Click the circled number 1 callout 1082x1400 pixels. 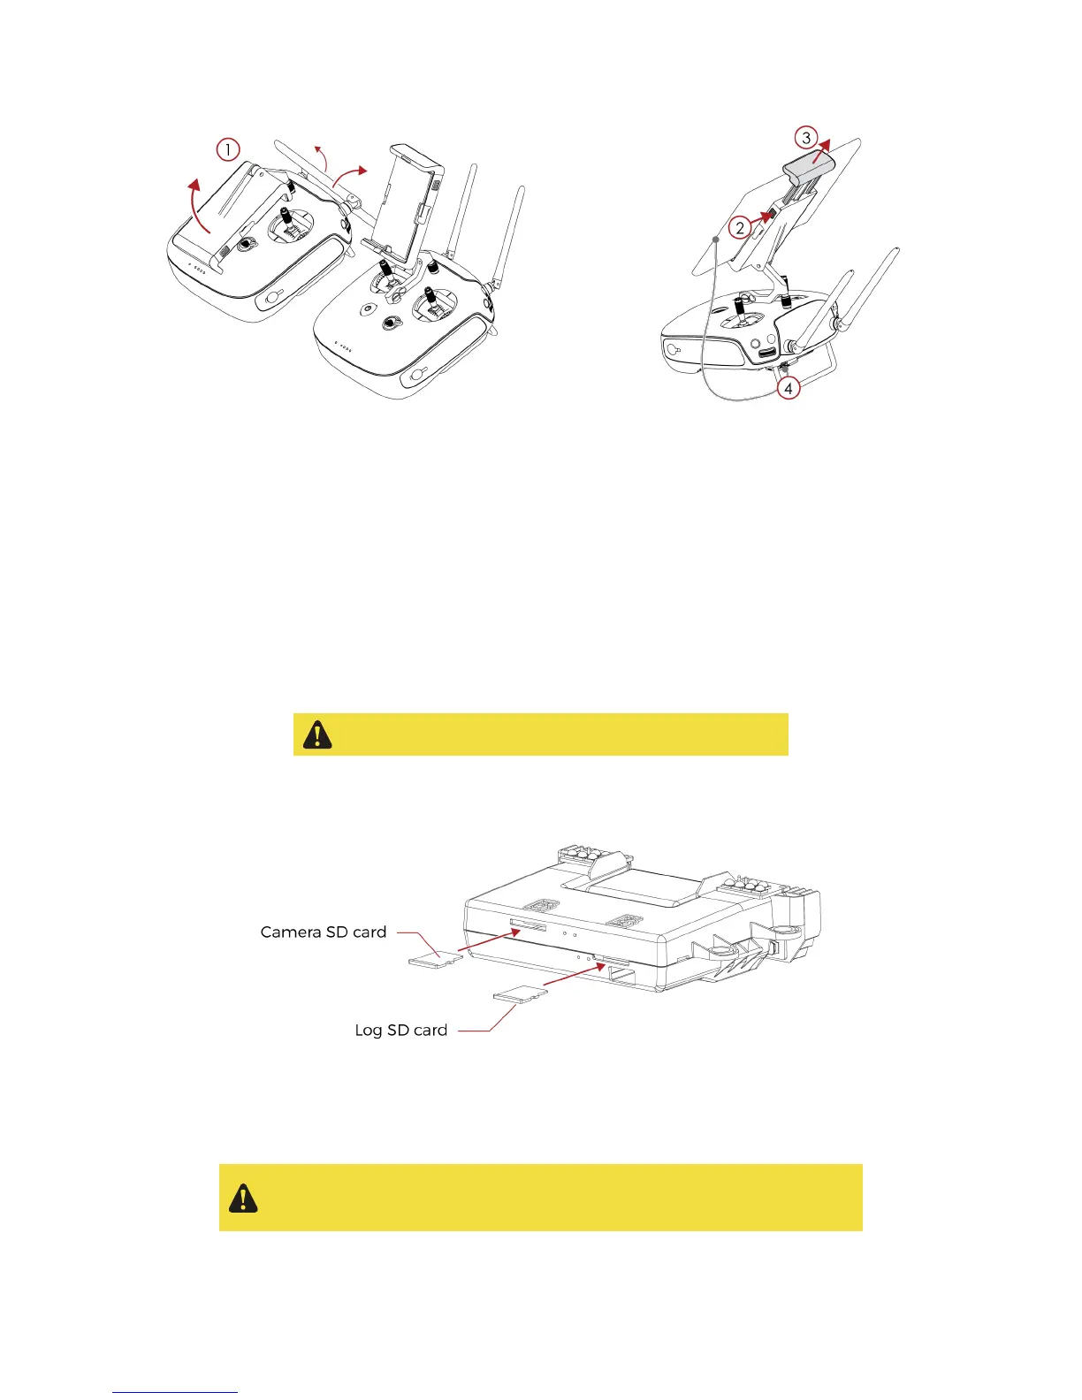tap(228, 149)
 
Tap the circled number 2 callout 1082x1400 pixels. tap(741, 227)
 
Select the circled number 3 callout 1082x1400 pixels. tap(805, 138)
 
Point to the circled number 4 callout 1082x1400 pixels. tap(788, 387)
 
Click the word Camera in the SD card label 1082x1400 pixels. tap(291, 932)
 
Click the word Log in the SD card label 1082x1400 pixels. tap(369, 1031)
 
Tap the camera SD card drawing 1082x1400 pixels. tap(436, 960)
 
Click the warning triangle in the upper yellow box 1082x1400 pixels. tap(317, 734)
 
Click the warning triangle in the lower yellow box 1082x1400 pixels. tap(243, 1198)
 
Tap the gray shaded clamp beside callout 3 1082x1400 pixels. tap(808, 164)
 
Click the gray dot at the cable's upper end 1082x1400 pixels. tap(714, 239)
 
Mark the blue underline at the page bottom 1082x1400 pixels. tap(175, 1393)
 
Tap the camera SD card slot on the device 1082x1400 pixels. tap(528, 924)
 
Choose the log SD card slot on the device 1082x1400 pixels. tap(612, 958)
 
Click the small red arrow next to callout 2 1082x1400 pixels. tap(763, 216)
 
